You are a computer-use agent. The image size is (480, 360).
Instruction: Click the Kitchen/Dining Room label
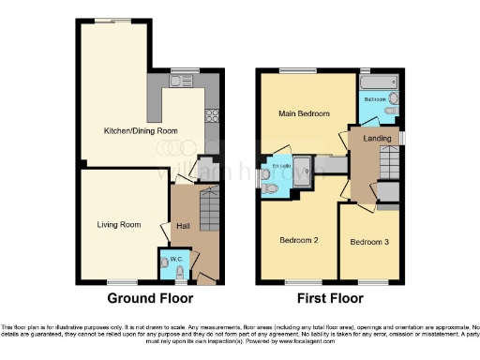pyautogui.click(x=140, y=131)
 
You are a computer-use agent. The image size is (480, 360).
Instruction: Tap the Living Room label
pyautogui.click(x=119, y=224)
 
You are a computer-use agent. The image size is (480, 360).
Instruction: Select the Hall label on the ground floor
pyautogui.click(x=183, y=225)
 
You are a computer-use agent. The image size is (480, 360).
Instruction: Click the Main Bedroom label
pyautogui.click(x=305, y=114)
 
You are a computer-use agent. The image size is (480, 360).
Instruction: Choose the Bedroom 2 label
pyautogui.click(x=299, y=240)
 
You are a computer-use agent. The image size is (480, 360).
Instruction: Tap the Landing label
pyautogui.click(x=377, y=140)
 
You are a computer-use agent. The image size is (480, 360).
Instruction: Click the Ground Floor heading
pyautogui.click(x=150, y=299)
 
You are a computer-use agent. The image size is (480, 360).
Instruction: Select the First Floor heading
pyautogui.click(x=330, y=299)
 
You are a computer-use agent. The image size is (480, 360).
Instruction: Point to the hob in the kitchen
pyautogui.click(x=213, y=117)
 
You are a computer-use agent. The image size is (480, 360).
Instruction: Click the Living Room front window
pyautogui.click(x=121, y=281)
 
